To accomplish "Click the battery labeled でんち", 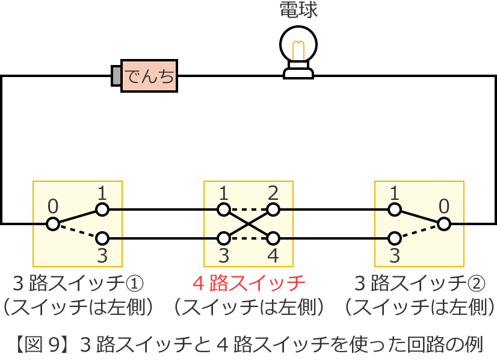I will coord(149,76).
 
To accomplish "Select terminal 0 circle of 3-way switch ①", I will coord(53,224).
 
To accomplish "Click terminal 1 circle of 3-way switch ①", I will coord(102,209).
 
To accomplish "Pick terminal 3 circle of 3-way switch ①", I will coord(102,238).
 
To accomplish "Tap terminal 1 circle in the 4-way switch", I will coord(224,209).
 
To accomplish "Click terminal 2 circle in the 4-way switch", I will coord(273,209).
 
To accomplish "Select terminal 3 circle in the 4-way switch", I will coord(224,238).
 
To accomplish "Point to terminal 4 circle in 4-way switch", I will coord(273,238).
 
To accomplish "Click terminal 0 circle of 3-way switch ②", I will coord(444,224).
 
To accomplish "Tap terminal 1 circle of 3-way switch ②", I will coord(395,209).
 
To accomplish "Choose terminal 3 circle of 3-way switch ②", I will coord(395,238).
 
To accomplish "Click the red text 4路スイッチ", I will coord(248,282).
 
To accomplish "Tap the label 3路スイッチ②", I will coord(419,282).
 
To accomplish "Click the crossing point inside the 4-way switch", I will coord(248,224).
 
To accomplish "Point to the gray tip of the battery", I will coord(116,76).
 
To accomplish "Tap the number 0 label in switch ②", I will coord(444,206).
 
